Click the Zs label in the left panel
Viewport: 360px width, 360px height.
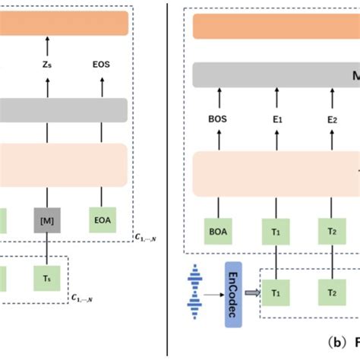[48, 66]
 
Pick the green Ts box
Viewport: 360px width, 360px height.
[48, 279]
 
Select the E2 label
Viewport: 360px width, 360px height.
[331, 119]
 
